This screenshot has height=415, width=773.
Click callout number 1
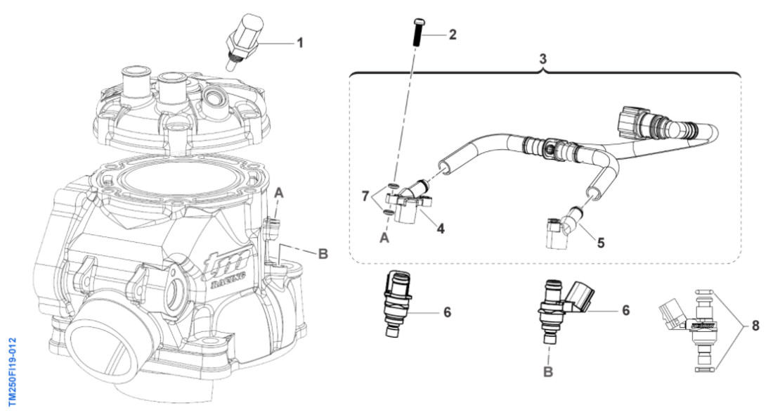pyautogui.click(x=300, y=43)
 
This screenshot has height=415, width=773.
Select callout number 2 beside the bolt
pyautogui.click(x=453, y=34)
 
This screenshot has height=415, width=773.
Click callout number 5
pyautogui.click(x=600, y=243)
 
